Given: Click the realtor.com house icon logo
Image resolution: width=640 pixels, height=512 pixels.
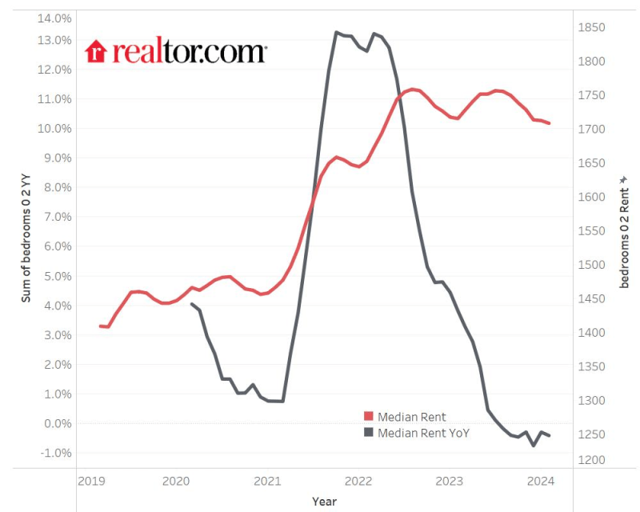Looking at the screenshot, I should (x=96, y=51).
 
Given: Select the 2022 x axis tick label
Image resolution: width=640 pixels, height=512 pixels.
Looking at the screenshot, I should (x=358, y=481).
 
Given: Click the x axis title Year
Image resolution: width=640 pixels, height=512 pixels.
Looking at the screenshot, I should (x=324, y=502).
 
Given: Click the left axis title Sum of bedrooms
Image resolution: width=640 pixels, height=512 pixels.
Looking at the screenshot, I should (x=26, y=240).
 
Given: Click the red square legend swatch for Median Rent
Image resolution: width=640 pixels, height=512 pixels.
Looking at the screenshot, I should (x=369, y=417).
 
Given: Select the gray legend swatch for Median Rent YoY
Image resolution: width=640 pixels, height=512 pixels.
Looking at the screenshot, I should (x=369, y=433).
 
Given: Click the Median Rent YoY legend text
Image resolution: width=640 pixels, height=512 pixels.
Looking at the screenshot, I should (x=423, y=433).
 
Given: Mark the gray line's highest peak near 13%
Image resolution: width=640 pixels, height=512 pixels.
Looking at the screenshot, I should (x=337, y=32).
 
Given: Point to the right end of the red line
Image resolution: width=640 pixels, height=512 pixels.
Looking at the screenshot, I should (x=550, y=123).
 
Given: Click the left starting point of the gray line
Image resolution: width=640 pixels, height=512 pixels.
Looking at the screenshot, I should (x=191, y=304).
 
